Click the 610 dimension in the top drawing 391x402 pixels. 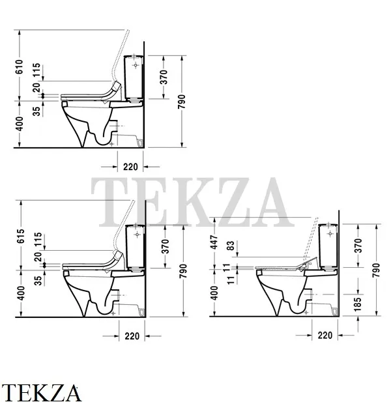(20, 66)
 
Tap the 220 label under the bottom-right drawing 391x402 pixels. (325, 336)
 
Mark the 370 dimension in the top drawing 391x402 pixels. (165, 77)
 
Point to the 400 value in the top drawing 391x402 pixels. (20, 124)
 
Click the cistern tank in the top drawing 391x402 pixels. (135, 76)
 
